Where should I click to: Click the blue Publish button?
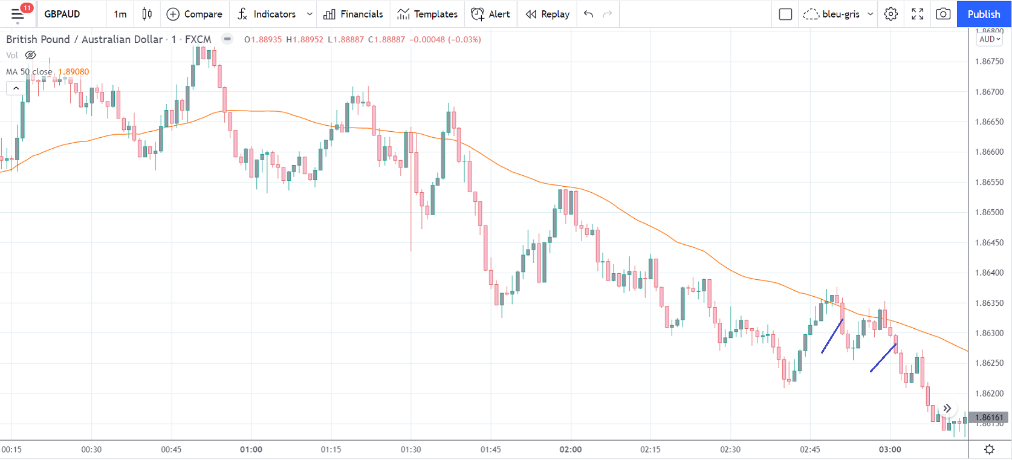coord(984,14)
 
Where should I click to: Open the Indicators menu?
coord(267,14)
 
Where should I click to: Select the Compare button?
coord(195,14)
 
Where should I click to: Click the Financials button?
coord(354,14)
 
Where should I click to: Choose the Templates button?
coord(427,14)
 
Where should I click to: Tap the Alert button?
coord(490,14)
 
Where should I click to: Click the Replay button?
coord(548,14)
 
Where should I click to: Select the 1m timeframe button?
coord(120,14)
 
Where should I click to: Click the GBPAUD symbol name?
coord(62,14)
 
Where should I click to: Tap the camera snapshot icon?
coord(943,14)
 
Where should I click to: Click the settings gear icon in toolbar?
coord(890,14)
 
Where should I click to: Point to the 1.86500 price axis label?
coord(989,212)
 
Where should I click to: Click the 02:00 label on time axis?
coord(571,450)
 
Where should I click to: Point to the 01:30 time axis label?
coord(410,450)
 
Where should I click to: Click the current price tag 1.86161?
coord(989,417)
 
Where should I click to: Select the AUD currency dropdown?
coord(990,39)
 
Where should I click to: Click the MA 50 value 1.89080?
coord(74,71)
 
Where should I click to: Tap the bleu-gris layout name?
coord(840,14)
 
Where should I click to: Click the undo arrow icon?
coord(588,14)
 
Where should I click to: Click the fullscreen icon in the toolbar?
coord(917,14)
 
